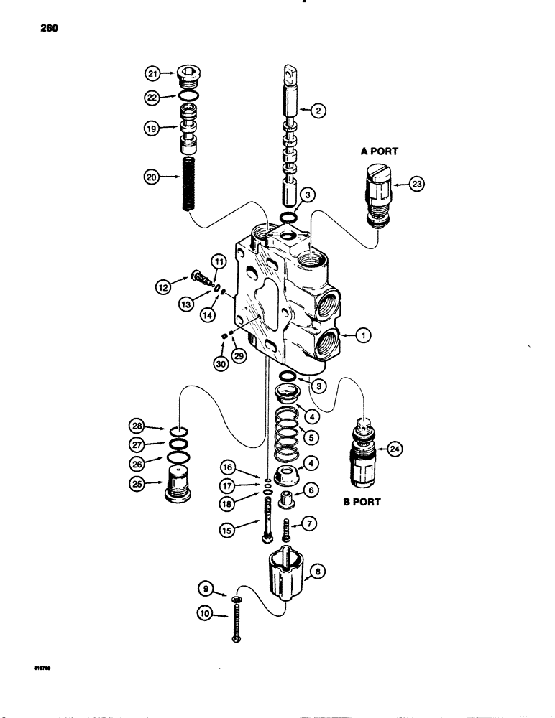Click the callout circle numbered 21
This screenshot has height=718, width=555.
tap(152, 73)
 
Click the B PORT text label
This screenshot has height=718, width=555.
tap(361, 502)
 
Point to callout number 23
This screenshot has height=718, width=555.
tap(418, 185)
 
